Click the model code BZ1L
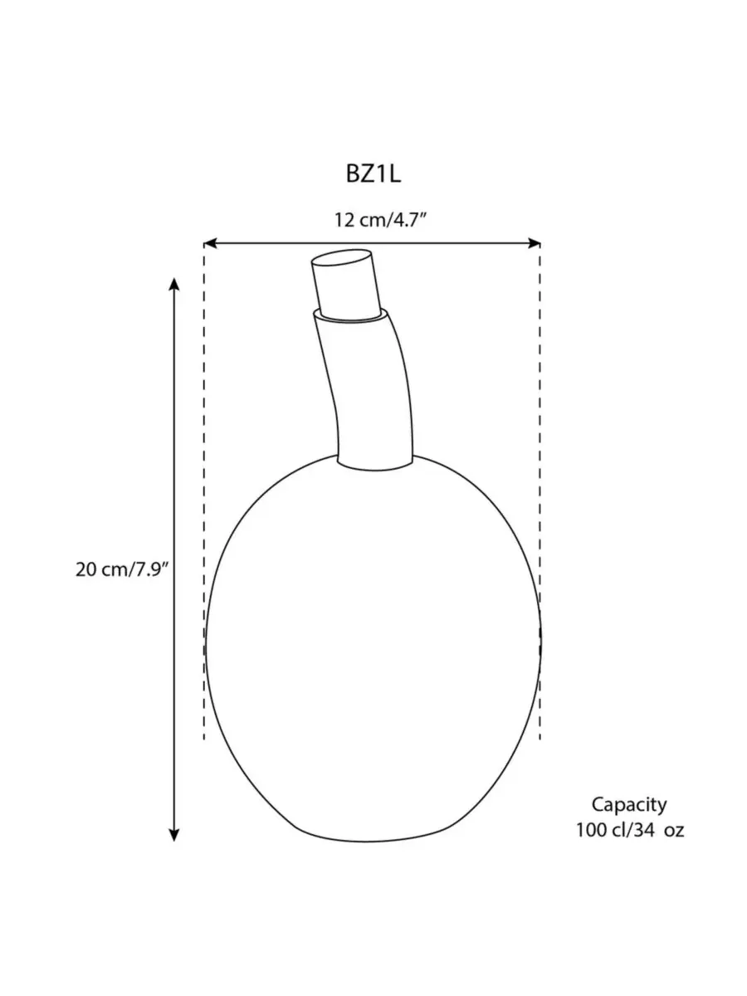pos(373,173)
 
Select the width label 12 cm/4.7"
pos(381,221)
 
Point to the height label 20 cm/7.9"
pos(122,569)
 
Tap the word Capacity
pos(629,805)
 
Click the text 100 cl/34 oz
pos(630,830)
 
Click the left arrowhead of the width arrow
pos(209,244)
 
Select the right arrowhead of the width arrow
pos(535,244)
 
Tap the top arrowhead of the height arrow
pos(174,284)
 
